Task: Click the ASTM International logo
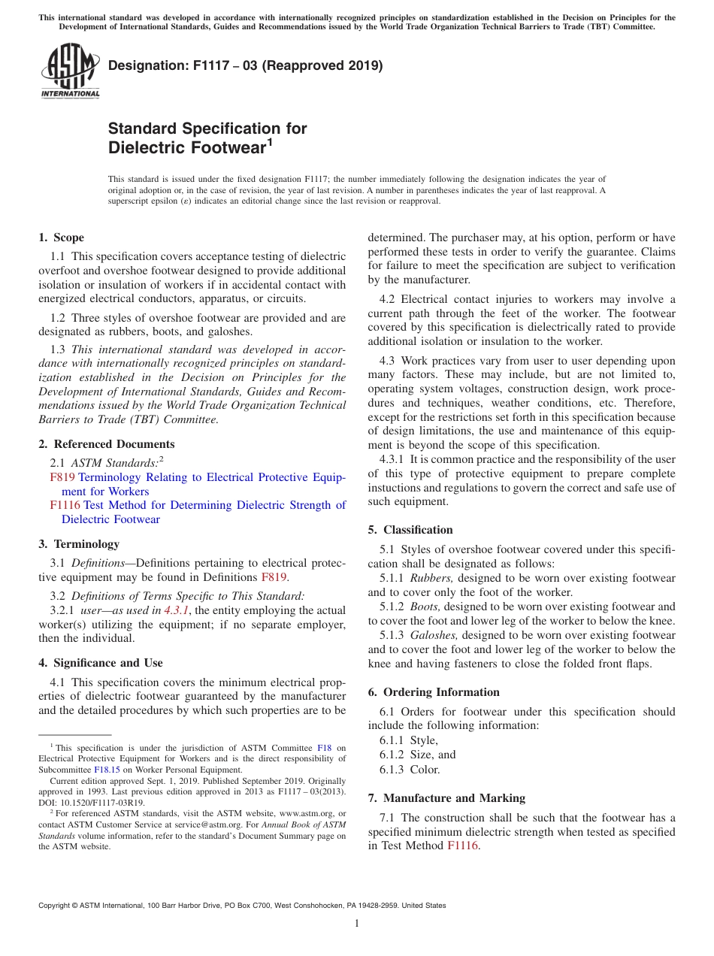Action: [69, 71]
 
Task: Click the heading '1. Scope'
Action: [62, 237]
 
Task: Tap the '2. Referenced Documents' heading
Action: [107, 444]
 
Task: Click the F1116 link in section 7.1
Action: [462, 846]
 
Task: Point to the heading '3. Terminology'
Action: [79, 543]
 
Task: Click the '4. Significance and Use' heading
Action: [101, 663]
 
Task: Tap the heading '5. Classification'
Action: [410, 530]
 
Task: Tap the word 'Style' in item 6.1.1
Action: [423, 740]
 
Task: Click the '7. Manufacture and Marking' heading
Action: [446, 798]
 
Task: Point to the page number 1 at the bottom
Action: [357, 924]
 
